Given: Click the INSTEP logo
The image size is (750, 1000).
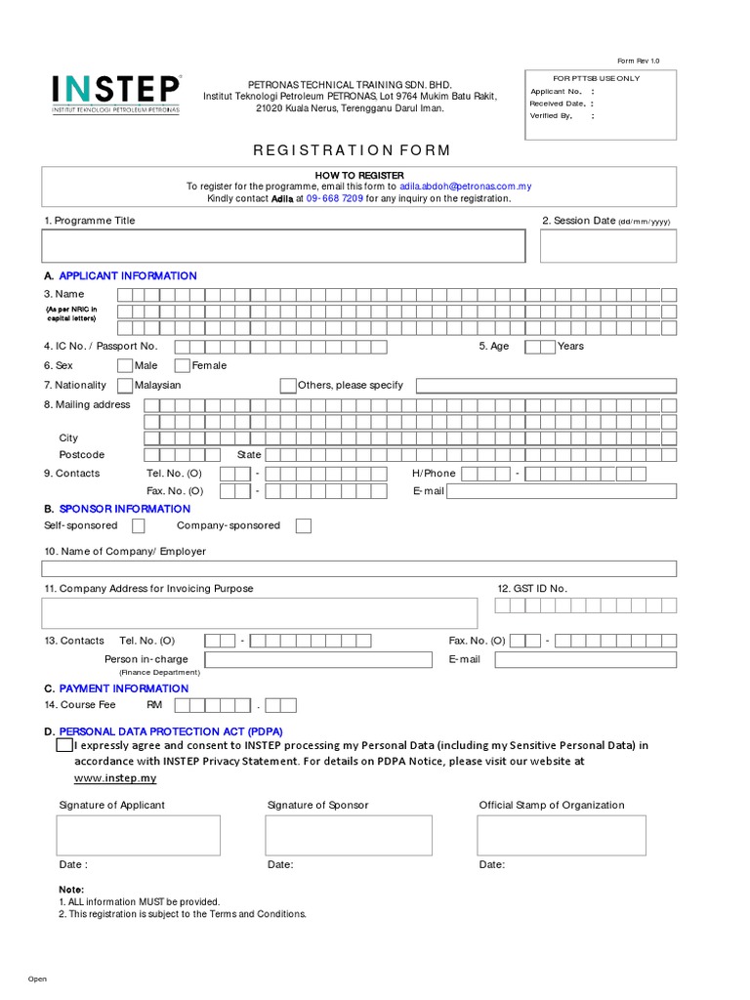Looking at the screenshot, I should pos(116,95).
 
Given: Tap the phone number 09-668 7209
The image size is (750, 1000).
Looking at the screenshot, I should pos(335,198).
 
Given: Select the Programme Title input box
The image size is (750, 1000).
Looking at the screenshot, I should pos(283,246).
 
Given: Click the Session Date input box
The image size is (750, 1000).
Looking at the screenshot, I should pos(607,246).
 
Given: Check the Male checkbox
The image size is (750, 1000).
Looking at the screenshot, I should pos(125,366).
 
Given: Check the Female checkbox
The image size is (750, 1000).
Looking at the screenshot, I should pos(183,366).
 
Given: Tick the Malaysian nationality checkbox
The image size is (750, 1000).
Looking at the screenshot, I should pos(125,386).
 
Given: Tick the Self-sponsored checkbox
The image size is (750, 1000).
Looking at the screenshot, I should pos(139,526).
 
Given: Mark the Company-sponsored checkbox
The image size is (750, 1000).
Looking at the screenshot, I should pos(304,526).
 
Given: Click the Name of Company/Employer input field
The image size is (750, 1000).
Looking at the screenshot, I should pos(358,569).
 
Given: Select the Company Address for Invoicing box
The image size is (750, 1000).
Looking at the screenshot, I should pos(260,613).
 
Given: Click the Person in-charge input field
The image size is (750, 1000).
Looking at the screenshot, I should pos(320,660).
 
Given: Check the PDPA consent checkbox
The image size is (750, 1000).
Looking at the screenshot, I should pos(64,746).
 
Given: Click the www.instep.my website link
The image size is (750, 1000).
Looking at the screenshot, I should pos(115,778).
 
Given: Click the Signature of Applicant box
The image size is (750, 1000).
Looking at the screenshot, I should pos(138,836).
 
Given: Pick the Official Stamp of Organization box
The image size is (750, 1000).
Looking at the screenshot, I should pos(562,836).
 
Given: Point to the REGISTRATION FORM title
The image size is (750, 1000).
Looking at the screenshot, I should pos(353,150).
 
